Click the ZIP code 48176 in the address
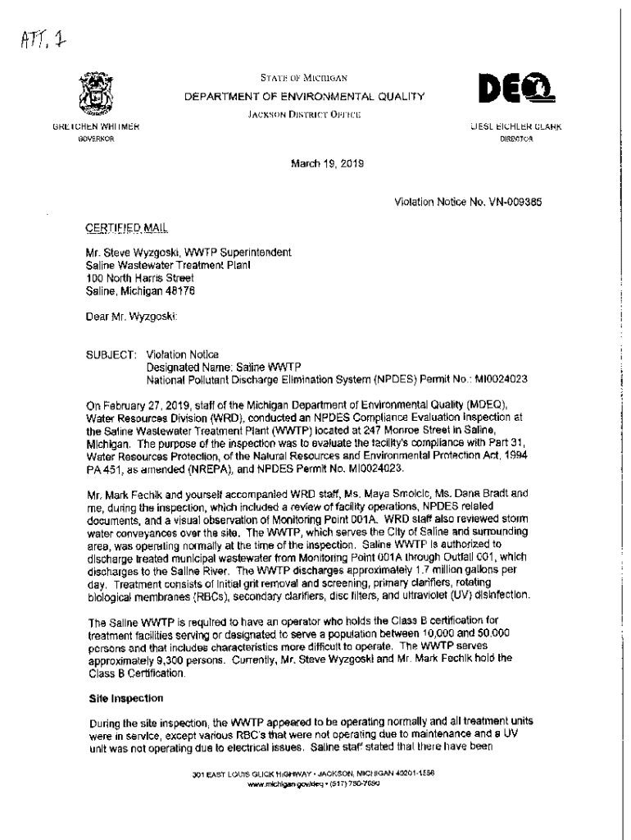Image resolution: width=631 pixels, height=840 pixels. pyautogui.click(x=179, y=290)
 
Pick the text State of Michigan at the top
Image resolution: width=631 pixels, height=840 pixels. pyautogui.click(x=305, y=79)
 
